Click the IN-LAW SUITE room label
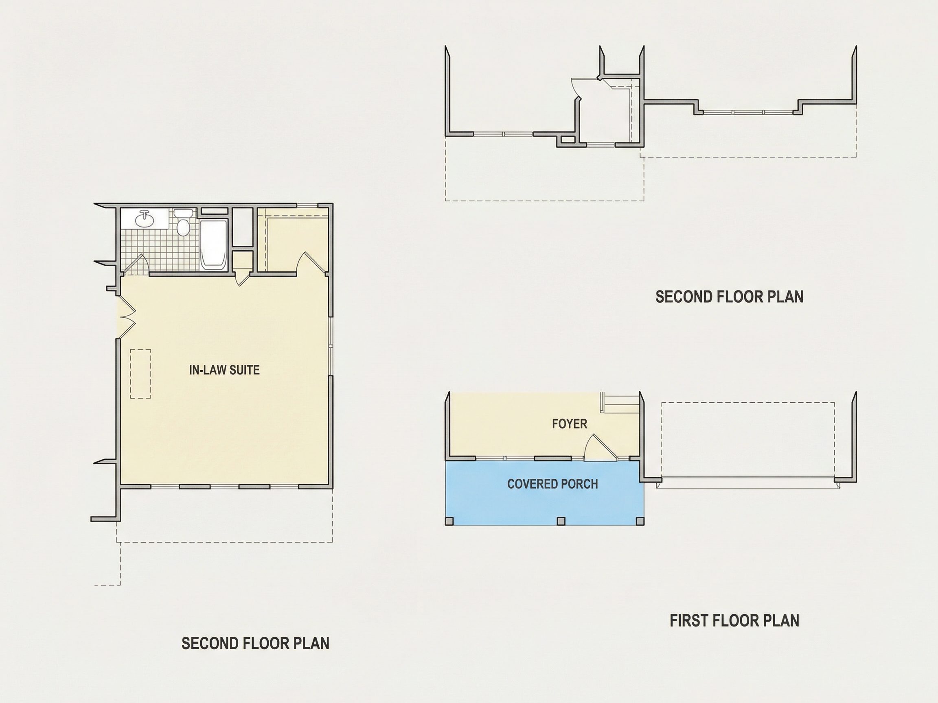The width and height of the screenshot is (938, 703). (x=224, y=370)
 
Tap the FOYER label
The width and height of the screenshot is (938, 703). (x=570, y=424)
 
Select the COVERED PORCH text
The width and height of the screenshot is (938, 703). (x=552, y=484)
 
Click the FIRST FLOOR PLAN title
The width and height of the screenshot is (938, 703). (x=734, y=621)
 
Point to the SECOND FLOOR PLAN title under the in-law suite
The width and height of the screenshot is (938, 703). (x=255, y=643)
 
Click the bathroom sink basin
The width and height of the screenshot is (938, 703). (x=145, y=220)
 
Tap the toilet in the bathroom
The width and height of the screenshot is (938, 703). (x=184, y=223)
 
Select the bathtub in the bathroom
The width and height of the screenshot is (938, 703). (x=213, y=245)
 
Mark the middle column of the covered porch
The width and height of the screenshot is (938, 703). (x=561, y=521)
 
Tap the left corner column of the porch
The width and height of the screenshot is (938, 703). (x=449, y=521)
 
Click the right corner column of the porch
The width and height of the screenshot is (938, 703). (x=640, y=521)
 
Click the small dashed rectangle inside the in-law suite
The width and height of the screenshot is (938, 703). (x=140, y=374)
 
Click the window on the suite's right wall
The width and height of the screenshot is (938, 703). (x=331, y=346)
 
